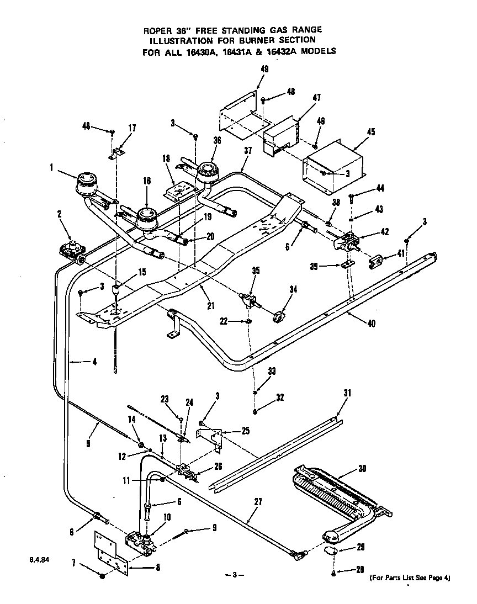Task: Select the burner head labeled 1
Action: point(86,183)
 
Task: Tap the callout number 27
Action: point(258,502)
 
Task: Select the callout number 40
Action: point(371,324)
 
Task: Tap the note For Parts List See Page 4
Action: point(410,578)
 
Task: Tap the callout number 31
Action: point(347,393)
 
